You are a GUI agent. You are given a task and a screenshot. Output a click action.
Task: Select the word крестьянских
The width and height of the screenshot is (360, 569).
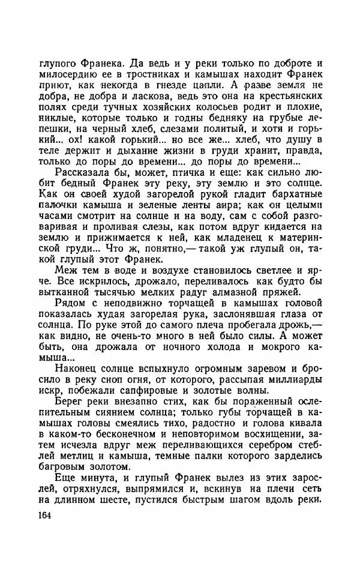tap(286, 100)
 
